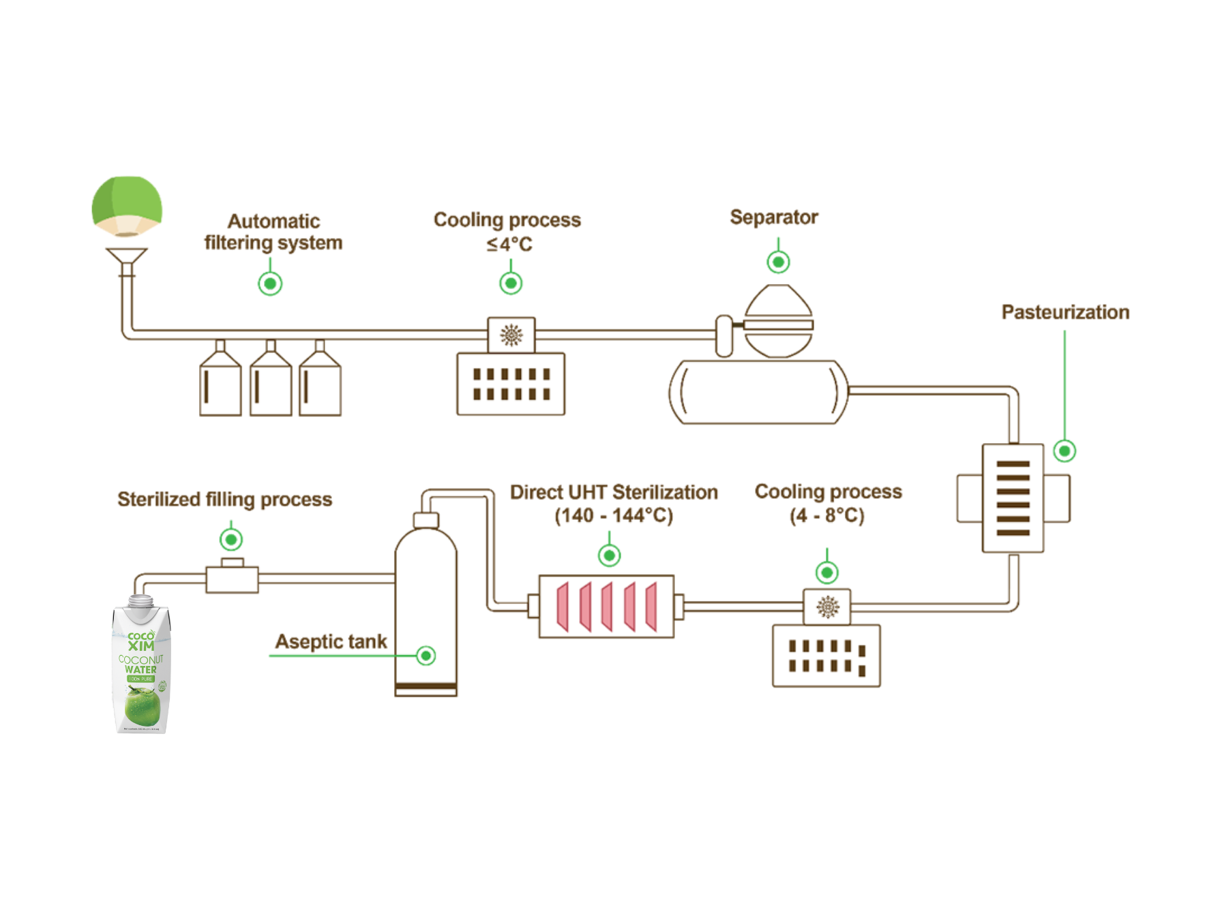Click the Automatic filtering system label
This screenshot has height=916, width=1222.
(273, 232)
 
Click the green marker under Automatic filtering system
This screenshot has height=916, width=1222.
(270, 284)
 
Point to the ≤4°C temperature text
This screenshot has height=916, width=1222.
(509, 244)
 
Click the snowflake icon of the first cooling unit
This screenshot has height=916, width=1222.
(511, 335)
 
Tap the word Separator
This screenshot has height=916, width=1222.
(773, 217)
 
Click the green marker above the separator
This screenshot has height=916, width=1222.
(778, 262)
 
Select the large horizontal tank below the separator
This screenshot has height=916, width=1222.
(758, 393)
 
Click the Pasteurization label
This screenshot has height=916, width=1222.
(1065, 312)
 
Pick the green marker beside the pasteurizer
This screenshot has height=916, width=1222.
(1064, 451)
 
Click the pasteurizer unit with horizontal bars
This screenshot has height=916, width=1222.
(1013, 498)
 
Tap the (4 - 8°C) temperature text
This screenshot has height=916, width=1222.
(827, 515)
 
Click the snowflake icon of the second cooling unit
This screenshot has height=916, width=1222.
(828, 607)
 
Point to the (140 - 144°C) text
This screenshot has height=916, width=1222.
(614, 516)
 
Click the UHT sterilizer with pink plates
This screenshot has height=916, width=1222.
(606, 607)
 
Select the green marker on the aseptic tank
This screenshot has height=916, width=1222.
(426, 656)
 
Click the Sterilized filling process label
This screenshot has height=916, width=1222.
(225, 500)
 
